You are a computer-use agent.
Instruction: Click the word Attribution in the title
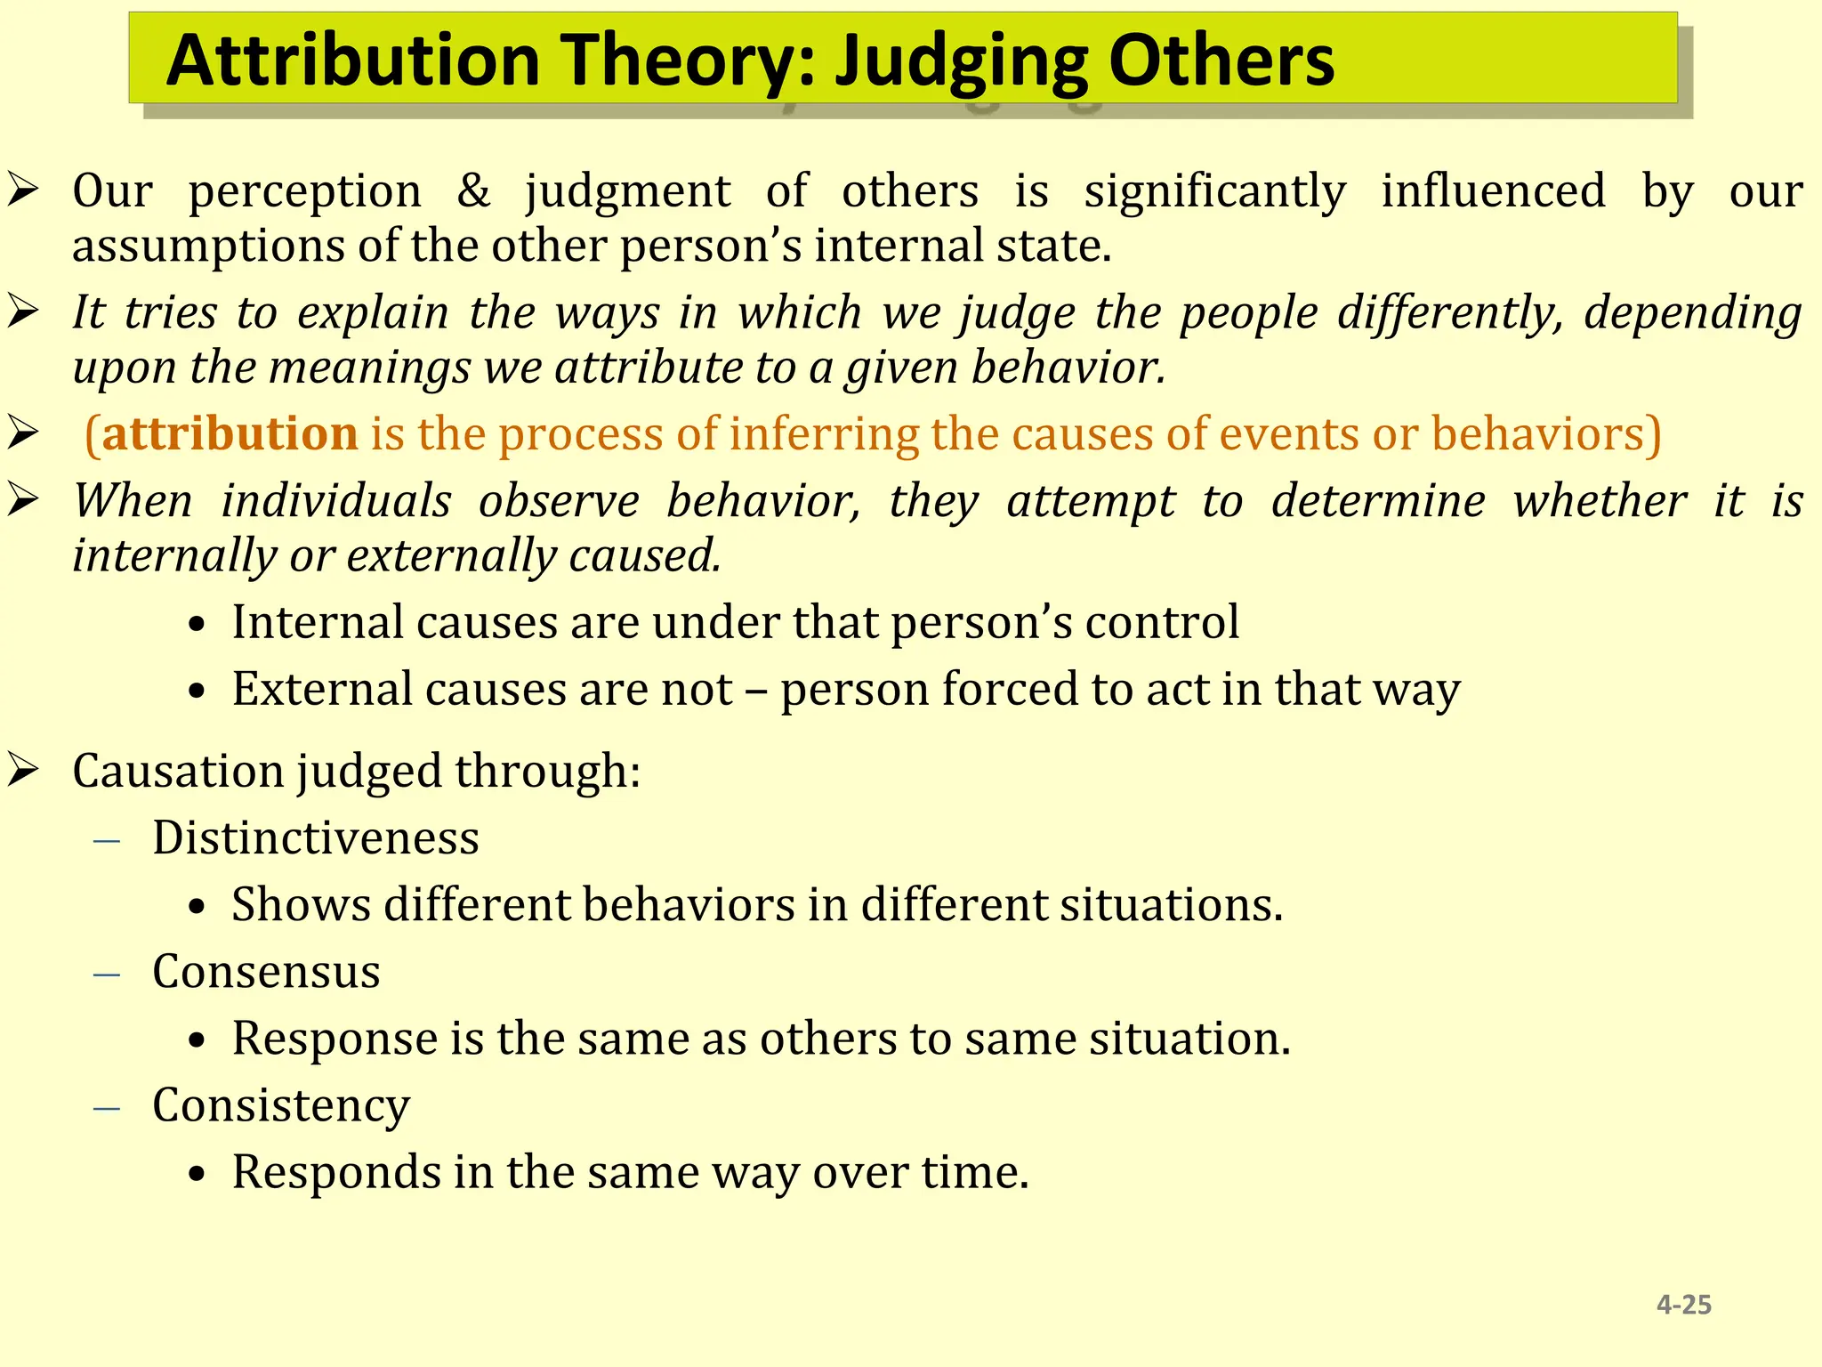(x=353, y=61)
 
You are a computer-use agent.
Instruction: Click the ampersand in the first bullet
(x=473, y=190)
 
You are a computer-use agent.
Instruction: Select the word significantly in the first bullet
(x=1214, y=190)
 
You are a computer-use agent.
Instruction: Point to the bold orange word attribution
(x=230, y=433)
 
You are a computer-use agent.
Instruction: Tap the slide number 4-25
(x=1683, y=1305)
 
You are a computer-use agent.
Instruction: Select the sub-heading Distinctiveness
(x=315, y=837)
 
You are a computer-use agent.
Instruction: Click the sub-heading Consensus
(x=266, y=971)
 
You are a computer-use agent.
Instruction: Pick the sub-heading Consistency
(x=281, y=1104)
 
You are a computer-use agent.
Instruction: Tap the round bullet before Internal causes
(x=198, y=625)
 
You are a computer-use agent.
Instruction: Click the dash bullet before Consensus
(x=107, y=974)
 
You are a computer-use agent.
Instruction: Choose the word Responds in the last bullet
(x=335, y=1171)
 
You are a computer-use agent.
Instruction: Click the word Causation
(x=177, y=770)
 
